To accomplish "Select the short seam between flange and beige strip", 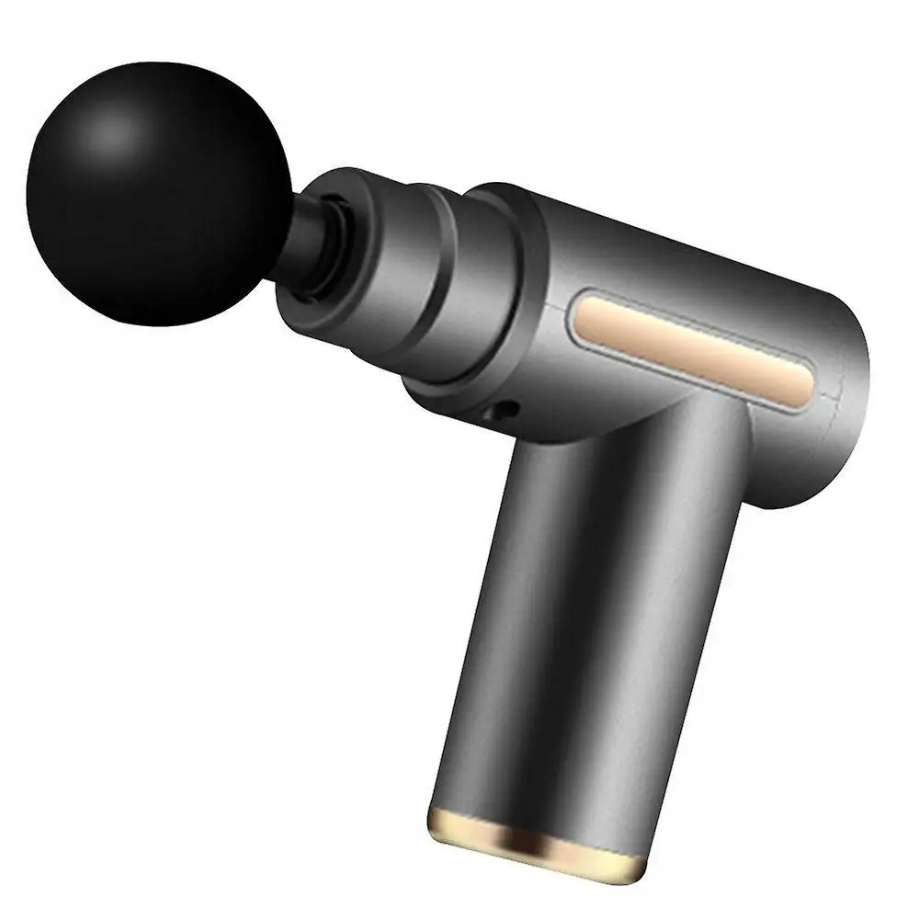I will click(562, 308).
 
